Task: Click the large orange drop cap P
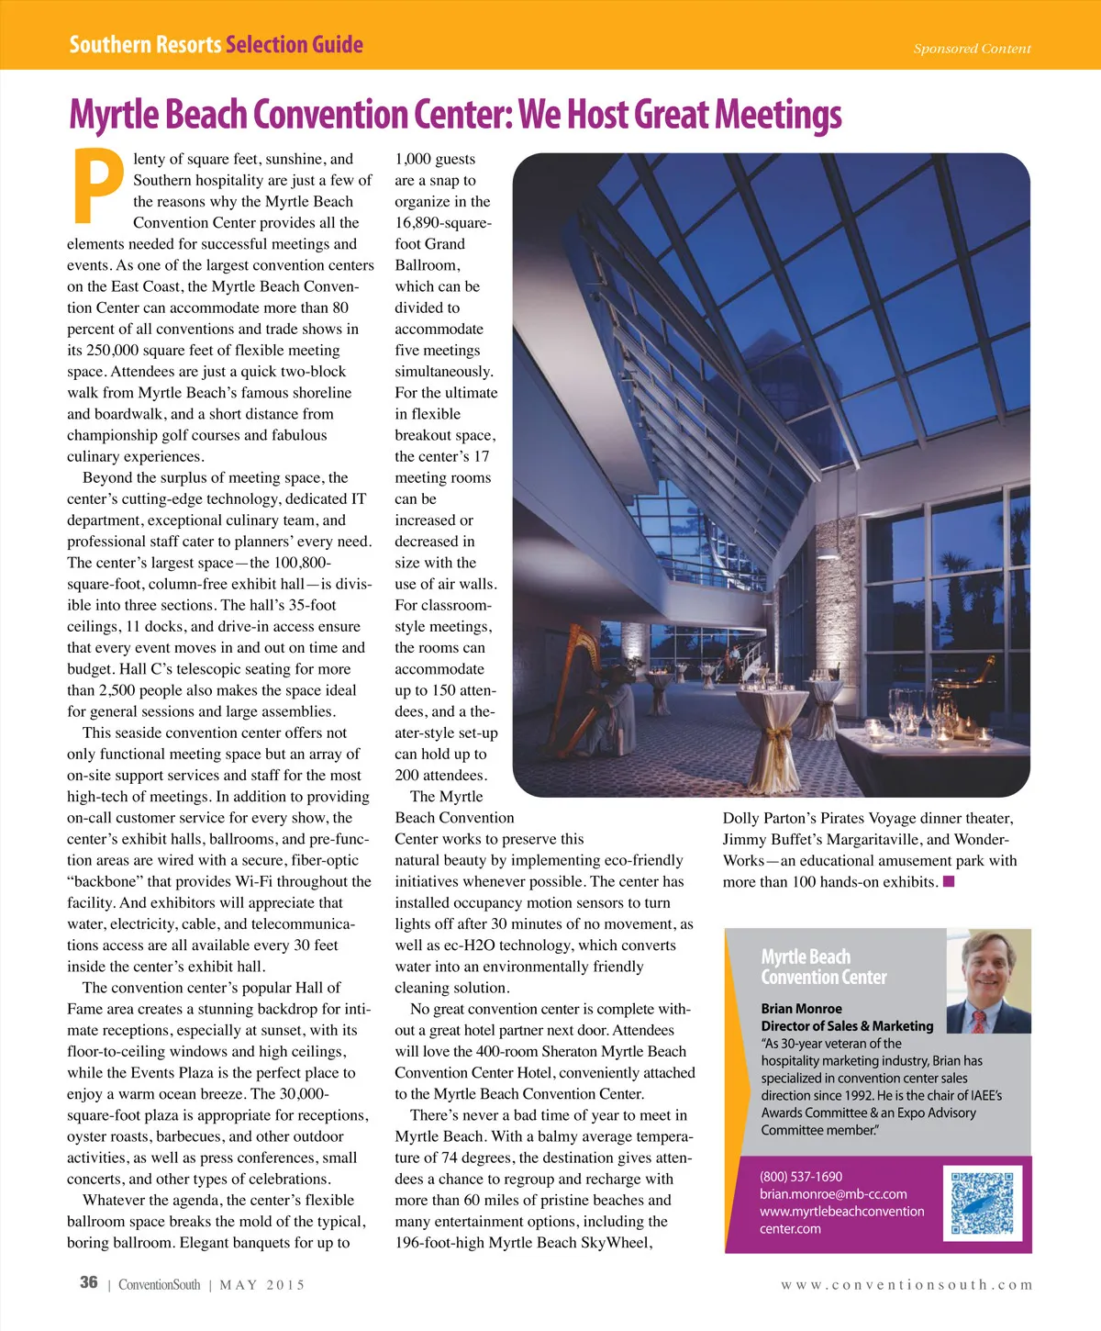tap(97, 185)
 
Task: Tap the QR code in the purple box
tap(985, 1202)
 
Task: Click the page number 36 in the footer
tap(88, 1282)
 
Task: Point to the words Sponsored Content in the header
tap(972, 49)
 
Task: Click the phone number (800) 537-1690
tap(801, 1177)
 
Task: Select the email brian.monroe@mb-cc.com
tap(833, 1194)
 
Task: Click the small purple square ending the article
tap(949, 882)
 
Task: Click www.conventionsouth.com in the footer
tap(906, 1285)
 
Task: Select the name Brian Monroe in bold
tap(801, 1009)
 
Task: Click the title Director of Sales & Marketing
tap(847, 1026)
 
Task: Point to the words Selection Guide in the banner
tap(295, 45)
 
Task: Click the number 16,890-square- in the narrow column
tap(443, 223)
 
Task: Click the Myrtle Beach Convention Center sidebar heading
tap(823, 967)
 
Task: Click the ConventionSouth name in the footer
tap(159, 1285)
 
